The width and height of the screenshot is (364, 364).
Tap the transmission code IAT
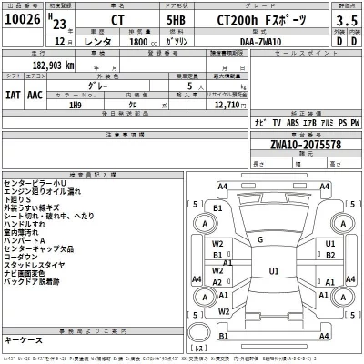(x=14, y=94)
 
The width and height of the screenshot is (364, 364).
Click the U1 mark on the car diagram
(x=274, y=271)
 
